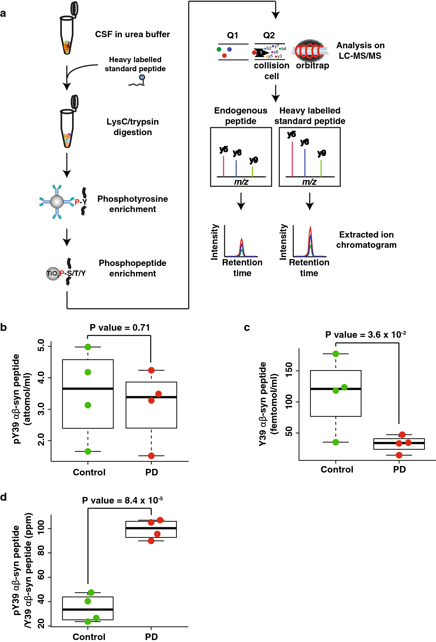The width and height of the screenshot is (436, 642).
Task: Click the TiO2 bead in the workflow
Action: point(53,274)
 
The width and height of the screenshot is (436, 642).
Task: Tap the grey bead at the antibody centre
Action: point(57,202)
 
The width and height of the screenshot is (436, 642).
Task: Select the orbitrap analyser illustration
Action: point(311,51)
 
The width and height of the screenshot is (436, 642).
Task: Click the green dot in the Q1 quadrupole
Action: point(219,49)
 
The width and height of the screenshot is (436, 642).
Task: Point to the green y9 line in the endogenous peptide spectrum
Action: point(252,171)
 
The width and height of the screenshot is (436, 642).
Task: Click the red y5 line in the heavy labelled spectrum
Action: point(292,159)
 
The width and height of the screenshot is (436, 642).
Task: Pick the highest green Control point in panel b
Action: point(88,347)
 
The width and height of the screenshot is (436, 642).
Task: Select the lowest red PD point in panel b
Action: point(151,456)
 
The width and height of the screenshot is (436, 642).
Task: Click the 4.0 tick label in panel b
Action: point(41,378)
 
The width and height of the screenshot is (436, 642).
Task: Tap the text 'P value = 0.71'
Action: point(120,328)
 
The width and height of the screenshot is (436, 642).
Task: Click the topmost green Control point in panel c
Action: point(336,354)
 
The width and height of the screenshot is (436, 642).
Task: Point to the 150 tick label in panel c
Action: point(289,370)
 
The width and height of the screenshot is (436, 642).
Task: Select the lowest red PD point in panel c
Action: point(399,455)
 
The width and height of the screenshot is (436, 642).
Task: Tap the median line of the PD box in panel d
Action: point(151,528)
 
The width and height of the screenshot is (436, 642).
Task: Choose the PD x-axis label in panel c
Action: point(399,469)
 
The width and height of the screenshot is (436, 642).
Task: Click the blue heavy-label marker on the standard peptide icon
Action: point(142,77)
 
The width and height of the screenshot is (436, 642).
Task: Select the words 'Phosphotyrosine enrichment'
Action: point(133,204)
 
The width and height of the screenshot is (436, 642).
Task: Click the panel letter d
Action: point(3,497)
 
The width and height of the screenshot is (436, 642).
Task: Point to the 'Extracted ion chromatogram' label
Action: point(366,240)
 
